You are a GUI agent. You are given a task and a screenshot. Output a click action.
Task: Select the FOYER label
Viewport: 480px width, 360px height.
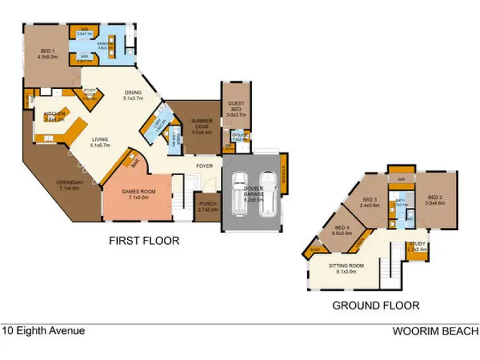(x=204, y=166)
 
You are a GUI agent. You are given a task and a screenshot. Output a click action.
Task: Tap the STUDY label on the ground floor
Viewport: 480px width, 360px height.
(x=416, y=246)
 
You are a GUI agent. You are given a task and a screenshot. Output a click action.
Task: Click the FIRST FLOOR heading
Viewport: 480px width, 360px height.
(x=144, y=241)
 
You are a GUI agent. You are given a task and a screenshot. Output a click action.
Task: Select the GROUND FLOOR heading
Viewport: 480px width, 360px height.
(x=376, y=306)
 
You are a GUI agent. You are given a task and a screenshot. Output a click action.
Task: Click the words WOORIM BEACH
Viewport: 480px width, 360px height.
(x=435, y=331)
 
